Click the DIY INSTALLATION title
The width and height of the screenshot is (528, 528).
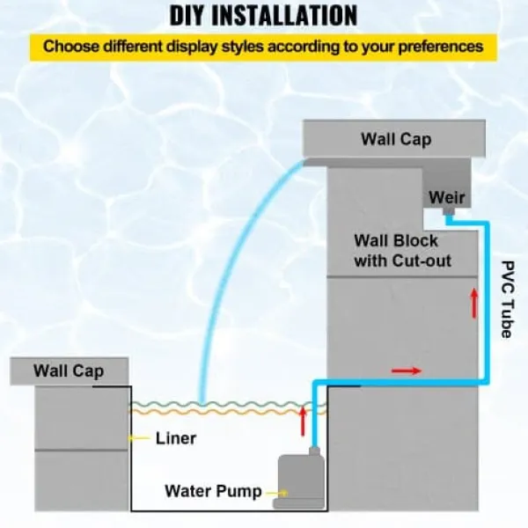click(263, 15)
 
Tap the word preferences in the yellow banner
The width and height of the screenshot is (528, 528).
click(441, 46)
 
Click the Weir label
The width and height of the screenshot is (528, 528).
click(446, 197)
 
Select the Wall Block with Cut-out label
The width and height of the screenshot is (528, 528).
click(402, 251)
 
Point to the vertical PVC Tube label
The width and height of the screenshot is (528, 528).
click(507, 299)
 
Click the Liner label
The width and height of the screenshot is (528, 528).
click(175, 438)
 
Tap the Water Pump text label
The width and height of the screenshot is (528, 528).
click(213, 491)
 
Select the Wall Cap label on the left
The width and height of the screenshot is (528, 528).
click(69, 371)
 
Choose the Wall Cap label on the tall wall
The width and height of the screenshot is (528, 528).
click(396, 139)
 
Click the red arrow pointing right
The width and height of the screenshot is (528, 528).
click(406, 371)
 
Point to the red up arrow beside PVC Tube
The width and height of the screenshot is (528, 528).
click(474, 303)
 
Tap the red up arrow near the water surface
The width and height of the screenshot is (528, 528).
click(303, 421)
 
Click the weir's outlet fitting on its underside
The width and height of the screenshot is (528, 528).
click(449, 211)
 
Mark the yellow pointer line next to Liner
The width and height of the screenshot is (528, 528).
click(140, 438)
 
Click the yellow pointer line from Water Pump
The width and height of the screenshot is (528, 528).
click(277, 494)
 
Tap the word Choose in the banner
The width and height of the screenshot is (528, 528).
click(71, 46)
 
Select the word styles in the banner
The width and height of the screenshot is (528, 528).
click(242, 47)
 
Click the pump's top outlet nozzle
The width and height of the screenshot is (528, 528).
click(314, 451)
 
